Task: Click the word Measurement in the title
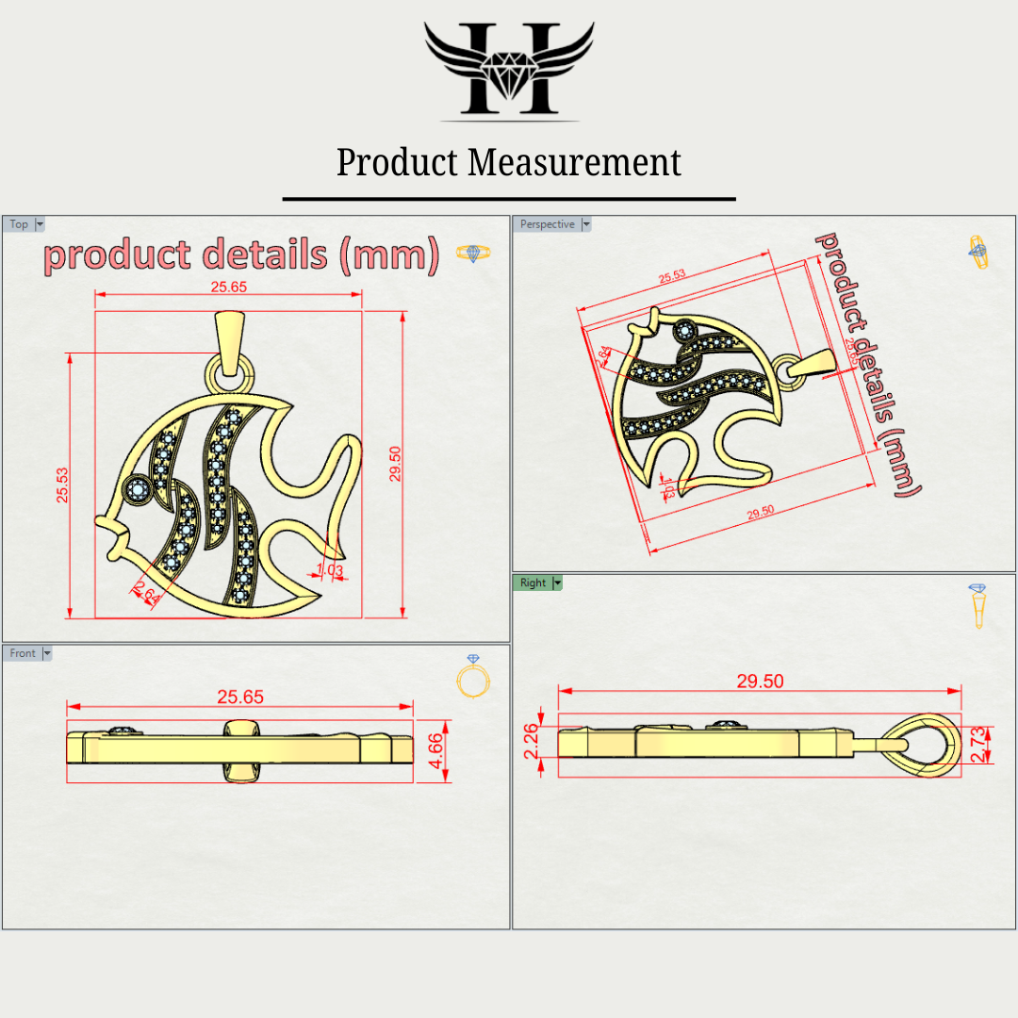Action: point(575,162)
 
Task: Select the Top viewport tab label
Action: point(19,224)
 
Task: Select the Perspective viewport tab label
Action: point(547,224)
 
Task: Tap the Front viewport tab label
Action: point(23,653)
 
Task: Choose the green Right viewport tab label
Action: point(533,583)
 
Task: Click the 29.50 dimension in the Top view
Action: point(396,464)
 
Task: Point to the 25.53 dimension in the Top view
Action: point(62,484)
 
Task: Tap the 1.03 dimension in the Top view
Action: point(330,569)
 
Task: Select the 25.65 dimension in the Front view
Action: point(240,698)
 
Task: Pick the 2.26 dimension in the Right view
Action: point(532,741)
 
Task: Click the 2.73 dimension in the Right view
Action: point(977,745)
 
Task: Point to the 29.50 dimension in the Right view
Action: point(760,681)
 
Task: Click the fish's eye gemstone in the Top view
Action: point(138,488)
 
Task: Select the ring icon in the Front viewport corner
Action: point(472,677)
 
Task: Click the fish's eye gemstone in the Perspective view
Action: point(685,330)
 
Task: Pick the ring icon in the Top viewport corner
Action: point(472,253)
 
